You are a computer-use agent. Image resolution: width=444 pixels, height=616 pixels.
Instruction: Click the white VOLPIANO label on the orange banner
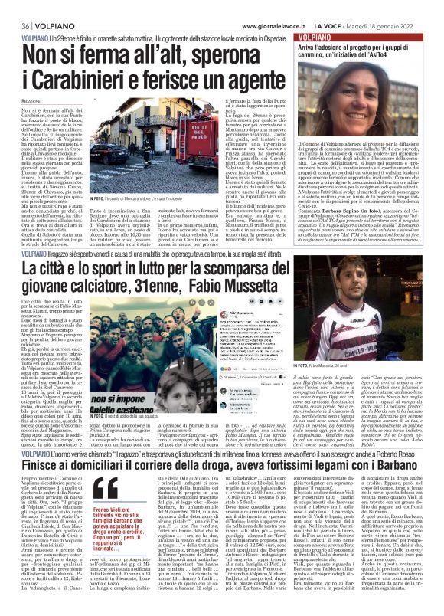tap(322, 36)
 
